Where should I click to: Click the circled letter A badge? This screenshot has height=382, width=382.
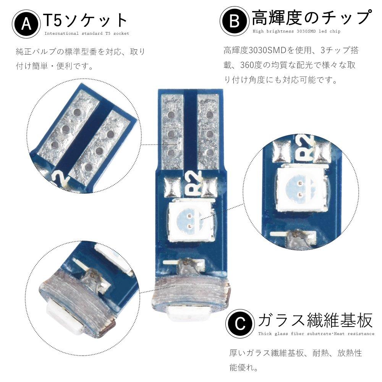(x=26, y=24)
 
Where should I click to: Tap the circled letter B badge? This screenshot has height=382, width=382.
(x=235, y=21)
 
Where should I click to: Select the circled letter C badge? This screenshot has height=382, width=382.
(x=240, y=324)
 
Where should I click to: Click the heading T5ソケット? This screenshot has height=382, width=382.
(x=86, y=21)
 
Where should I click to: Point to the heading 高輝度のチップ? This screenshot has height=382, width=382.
(x=312, y=18)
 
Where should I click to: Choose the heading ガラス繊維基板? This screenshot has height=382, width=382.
(x=316, y=320)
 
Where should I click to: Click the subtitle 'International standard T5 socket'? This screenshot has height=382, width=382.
(x=87, y=33)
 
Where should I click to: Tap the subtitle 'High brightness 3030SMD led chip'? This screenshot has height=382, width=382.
(x=296, y=31)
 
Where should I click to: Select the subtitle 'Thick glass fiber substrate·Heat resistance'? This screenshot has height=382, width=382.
(x=316, y=333)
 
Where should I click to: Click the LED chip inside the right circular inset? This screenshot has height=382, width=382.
(x=301, y=188)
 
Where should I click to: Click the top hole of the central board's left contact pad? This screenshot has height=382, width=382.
(x=172, y=114)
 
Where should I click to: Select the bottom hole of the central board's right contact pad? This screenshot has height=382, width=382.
(x=209, y=153)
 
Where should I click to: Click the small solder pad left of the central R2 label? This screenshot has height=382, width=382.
(x=173, y=187)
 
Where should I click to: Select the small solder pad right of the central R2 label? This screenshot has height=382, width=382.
(x=209, y=187)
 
